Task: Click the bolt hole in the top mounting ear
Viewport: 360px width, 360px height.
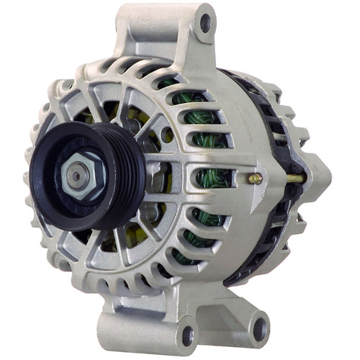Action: tap(206, 22)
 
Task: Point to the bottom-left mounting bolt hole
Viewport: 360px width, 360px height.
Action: tap(189, 334)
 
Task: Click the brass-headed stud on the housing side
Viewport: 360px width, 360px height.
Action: tap(254, 178)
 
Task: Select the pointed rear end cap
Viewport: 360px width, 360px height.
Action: tap(317, 173)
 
